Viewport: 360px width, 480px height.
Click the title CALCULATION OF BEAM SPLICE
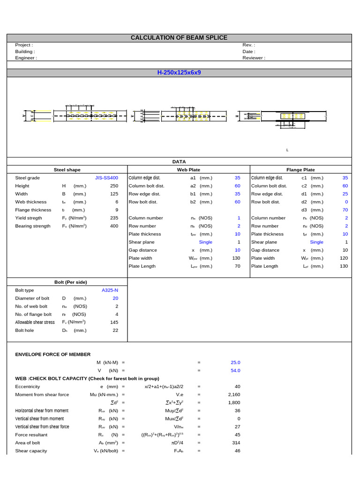[x=179, y=37]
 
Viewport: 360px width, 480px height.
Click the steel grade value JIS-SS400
[x=106, y=178]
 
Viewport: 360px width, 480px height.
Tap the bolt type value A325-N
[x=110, y=290]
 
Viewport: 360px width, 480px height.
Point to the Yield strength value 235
[x=114, y=218]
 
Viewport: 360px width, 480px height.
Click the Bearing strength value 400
[x=114, y=226]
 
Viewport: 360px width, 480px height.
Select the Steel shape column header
[x=67, y=170]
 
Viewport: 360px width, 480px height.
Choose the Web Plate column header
[x=188, y=170]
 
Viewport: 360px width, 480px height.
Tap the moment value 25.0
[x=235, y=362]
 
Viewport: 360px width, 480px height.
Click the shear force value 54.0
[x=235, y=370]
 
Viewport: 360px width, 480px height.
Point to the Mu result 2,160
[x=234, y=395]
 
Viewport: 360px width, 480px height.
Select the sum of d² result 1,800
[x=234, y=403]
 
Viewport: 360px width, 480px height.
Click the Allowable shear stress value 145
[x=114, y=322]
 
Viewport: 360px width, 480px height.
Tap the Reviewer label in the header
[x=254, y=58]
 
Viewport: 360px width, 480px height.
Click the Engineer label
[x=26, y=58]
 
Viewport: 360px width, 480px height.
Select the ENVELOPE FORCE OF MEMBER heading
[x=53, y=354]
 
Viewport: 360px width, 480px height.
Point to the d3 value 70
[x=345, y=210]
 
